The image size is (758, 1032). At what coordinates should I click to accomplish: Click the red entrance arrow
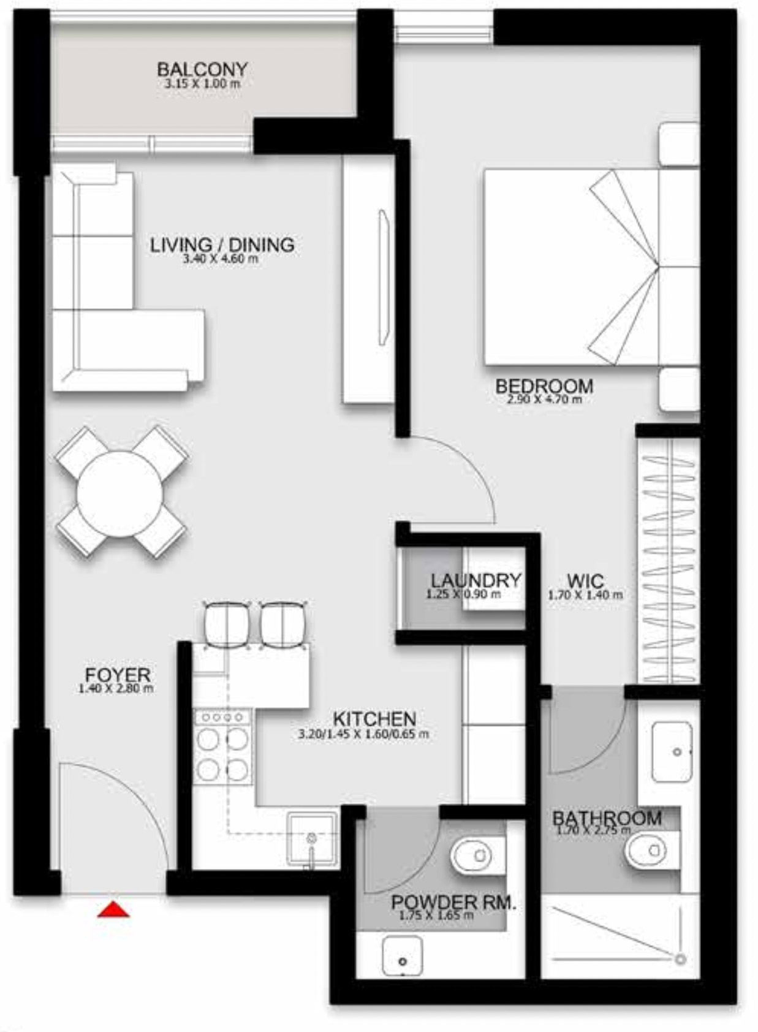coord(113,910)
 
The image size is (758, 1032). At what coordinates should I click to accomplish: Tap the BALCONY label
coord(202,69)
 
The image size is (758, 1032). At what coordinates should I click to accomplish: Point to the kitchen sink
coord(312,838)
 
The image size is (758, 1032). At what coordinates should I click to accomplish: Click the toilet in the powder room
coord(472,854)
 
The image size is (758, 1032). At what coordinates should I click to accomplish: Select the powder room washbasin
coord(402,955)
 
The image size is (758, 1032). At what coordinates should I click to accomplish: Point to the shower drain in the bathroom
coord(680,959)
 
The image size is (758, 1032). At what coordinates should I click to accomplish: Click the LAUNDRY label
coord(476,580)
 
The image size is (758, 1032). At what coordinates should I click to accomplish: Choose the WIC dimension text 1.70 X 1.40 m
coord(585,594)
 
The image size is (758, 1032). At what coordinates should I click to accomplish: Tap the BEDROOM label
coord(544,386)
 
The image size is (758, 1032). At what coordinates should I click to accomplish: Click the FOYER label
coord(118,675)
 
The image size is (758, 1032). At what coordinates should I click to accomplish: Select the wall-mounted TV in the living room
coord(384,278)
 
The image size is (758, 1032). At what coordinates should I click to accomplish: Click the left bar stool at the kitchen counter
coord(227,625)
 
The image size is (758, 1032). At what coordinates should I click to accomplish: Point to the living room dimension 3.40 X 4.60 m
coord(220,259)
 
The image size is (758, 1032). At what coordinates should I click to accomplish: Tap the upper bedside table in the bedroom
coord(678,143)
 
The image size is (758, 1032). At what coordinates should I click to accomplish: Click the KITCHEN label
coord(374,718)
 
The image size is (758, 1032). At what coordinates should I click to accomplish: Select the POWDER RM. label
coord(453,902)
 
